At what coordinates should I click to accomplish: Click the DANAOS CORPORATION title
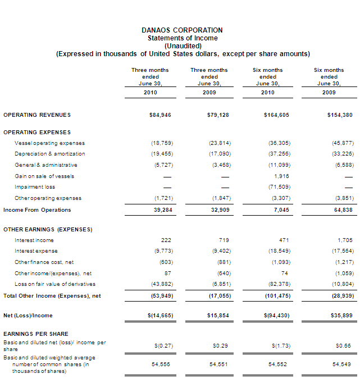[x=183, y=30]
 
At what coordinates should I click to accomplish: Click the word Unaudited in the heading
[x=183, y=46]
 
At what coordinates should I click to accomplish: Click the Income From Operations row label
[x=37, y=210]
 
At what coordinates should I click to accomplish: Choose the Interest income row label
[x=34, y=240]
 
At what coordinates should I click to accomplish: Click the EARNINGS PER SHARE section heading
[x=36, y=334]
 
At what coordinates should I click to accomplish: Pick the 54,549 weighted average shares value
[x=343, y=364]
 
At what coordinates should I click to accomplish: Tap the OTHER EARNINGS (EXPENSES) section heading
[x=48, y=230]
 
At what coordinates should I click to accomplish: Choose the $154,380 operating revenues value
[x=340, y=115]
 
